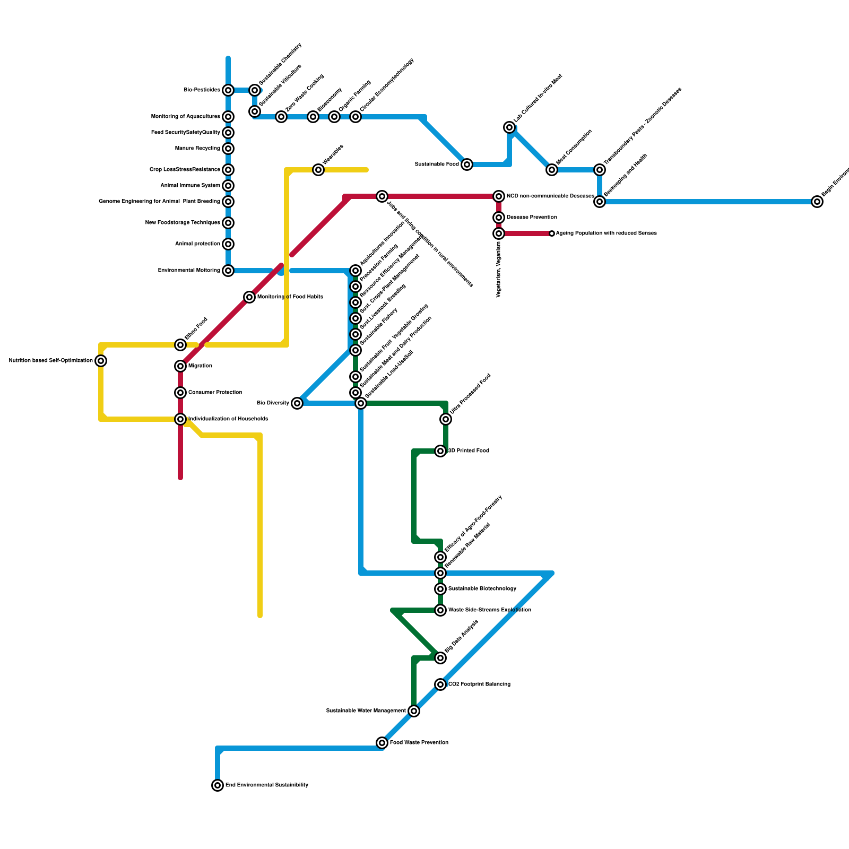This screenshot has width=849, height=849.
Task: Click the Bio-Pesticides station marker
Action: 228,90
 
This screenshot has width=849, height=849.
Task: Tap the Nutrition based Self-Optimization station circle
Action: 101,361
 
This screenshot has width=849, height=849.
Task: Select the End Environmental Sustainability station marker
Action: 218,785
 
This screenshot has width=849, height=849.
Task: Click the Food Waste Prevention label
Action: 419,743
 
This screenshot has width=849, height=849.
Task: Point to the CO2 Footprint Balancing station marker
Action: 440,685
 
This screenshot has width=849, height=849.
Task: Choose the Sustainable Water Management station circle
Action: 414,711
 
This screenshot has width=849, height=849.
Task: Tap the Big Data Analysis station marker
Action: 440,658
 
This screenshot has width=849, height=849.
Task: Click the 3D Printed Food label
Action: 469,451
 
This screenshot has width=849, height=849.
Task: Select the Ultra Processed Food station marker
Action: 446,419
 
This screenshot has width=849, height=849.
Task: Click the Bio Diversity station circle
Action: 297,403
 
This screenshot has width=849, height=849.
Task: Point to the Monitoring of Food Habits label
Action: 290,297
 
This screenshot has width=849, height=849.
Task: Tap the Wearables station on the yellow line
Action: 318,170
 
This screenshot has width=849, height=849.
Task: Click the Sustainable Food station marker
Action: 467,164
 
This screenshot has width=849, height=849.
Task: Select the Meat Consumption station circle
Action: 552,170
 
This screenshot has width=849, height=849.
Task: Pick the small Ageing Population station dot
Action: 552,233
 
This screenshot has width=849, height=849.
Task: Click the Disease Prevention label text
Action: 532,218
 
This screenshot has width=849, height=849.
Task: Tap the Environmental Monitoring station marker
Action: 228,271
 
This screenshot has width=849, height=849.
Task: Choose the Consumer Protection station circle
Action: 180,393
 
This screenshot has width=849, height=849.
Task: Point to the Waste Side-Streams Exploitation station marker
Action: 440,610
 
